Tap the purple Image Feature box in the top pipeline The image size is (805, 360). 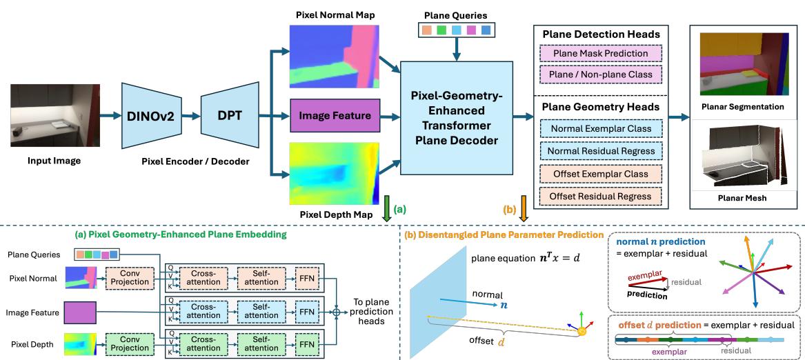(x=334, y=115)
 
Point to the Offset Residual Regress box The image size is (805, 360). (x=597, y=197)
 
